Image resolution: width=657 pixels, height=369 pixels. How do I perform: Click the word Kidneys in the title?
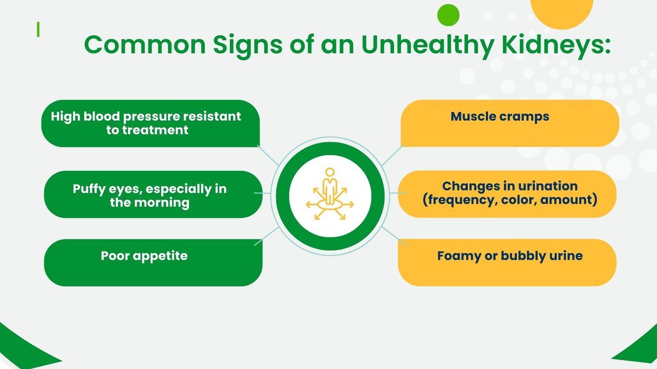pyautogui.click(x=556, y=46)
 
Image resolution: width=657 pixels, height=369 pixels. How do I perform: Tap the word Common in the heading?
pyautogui.click(x=145, y=45)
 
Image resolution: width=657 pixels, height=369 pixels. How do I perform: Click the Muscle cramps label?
pyautogui.click(x=500, y=116)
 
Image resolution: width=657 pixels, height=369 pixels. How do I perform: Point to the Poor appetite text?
pyautogui.click(x=144, y=256)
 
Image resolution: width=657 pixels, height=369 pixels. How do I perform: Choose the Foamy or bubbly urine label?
pyautogui.click(x=510, y=256)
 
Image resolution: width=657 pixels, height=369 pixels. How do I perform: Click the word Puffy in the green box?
pyautogui.click(x=89, y=189)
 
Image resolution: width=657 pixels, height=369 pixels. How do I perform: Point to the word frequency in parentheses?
pyautogui.click(x=461, y=200)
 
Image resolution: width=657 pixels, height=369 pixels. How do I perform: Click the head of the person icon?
pyautogui.click(x=330, y=172)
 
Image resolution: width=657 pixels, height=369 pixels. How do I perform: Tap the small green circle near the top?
pyautogui.click(x=448, y=15)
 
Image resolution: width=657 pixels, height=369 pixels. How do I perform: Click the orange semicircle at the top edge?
pyautogui.click(x=562, y=13)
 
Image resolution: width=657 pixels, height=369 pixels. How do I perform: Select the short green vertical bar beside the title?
pyautogui.click(x=38, y=30)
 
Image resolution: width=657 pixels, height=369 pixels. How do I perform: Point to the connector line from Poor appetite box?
pyautogui.click(x=266, y=236)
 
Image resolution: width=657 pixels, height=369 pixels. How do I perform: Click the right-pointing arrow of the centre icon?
pyautogui.click(x=348, y=204)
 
